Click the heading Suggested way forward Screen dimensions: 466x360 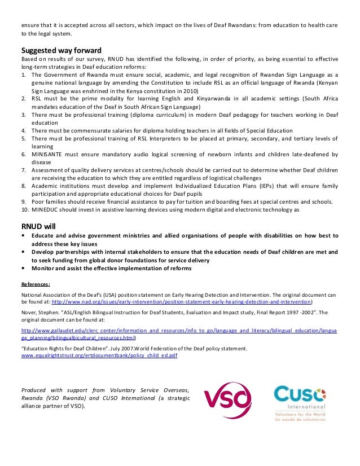(x=62, y=49)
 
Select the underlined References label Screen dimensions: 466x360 (x=36, y=284)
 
